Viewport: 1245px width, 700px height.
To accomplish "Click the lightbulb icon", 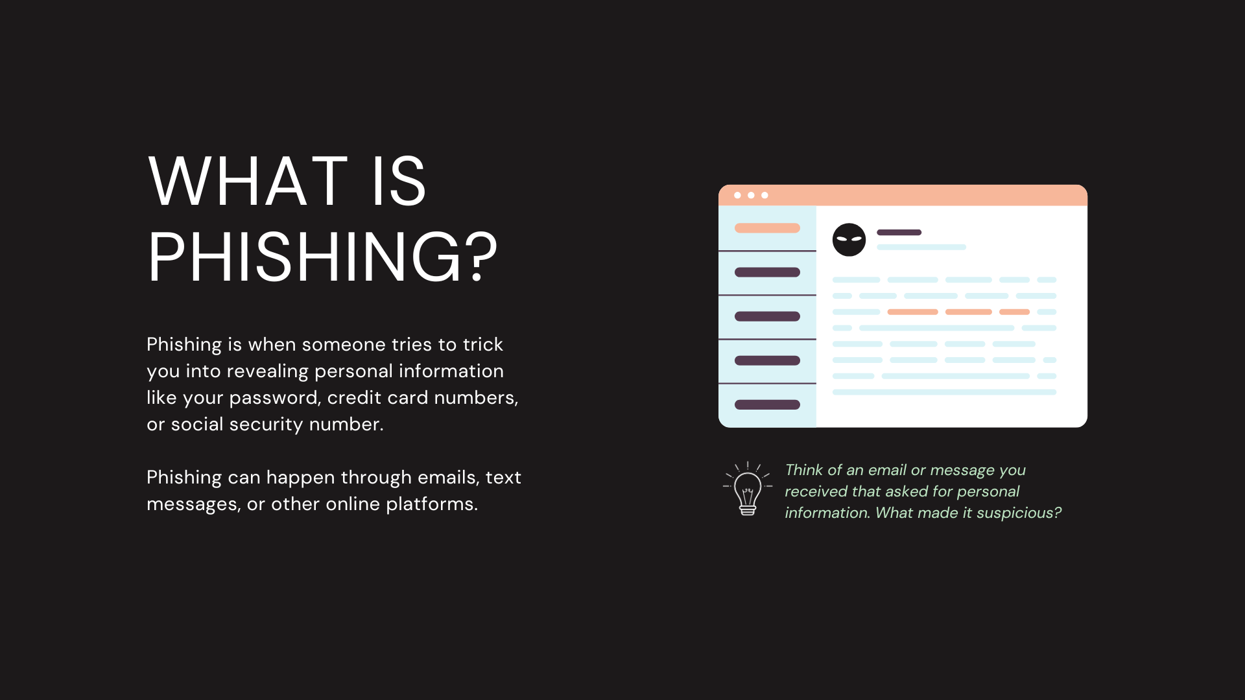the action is (x=748, y=489).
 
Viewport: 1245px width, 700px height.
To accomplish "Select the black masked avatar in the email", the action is (x=849, y=240).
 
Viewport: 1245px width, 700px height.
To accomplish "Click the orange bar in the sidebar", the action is (x=767, y=228).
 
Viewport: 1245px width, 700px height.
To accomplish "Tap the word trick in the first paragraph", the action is (x=483, y=344).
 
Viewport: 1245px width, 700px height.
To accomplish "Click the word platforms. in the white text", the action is (x=432, y=504).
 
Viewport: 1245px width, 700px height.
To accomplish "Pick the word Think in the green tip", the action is (x=804, y=470).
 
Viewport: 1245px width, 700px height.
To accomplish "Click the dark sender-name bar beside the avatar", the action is (x=899, y=232).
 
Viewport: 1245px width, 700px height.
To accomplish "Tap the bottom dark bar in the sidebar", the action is (x=767, y=404).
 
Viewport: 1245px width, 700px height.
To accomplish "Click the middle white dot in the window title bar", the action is (x=751, y=195).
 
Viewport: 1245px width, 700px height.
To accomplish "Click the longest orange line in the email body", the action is (x=912, y=312).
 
